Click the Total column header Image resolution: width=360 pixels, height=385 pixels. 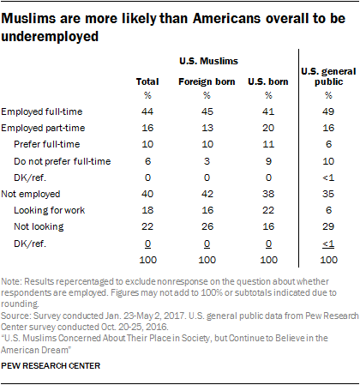pyautogui.click(x=147, y=81)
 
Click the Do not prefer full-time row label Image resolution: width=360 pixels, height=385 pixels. pyautogui.click(x=66, y=161)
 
